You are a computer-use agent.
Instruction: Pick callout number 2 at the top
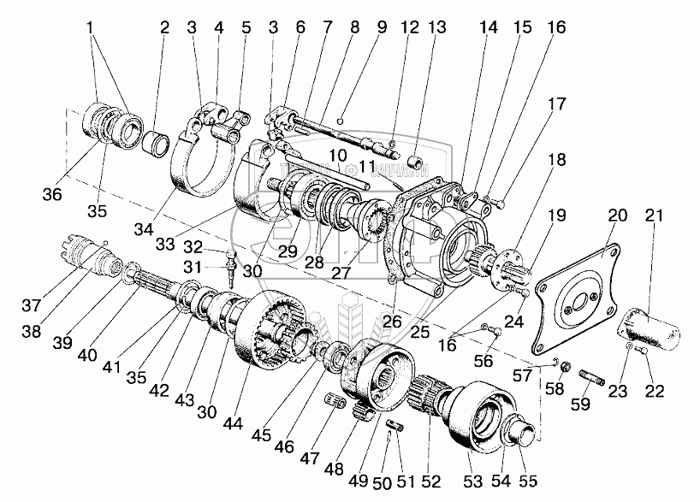[x=165, y=27]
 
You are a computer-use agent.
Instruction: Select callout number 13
[x=437, y=27]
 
